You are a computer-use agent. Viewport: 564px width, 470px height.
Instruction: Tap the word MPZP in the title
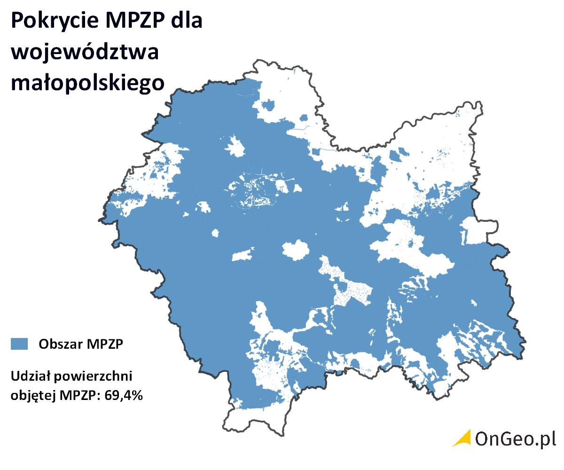pyautogui.click(x=132, y=22)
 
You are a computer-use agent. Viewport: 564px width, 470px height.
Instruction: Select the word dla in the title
pyautogui.click(x=187, y=22)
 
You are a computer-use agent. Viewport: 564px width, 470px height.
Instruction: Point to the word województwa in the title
pyautogui.click(x=85, y=52)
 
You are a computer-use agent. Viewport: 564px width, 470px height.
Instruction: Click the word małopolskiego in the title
pyautogui.click(x=88, y=83)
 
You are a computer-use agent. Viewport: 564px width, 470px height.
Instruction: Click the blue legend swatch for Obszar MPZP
pyautogui.click(x=19, y=344)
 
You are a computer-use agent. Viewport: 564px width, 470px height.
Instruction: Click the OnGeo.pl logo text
pyautogui.click(x=515, y=439)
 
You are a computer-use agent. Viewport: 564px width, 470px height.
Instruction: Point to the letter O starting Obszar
pyautogui.click(x=43, y=344)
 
